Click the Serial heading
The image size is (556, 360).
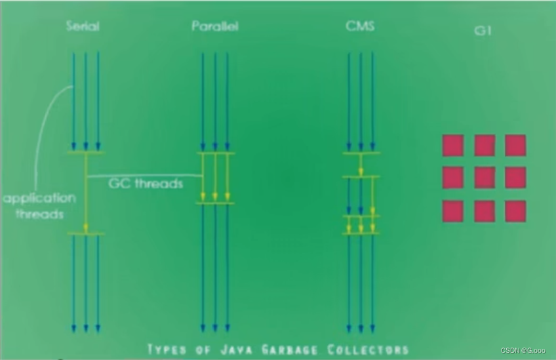(x=83, y=27)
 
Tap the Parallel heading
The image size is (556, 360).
(x=215, y=27)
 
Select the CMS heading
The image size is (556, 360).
(x=359, y=27)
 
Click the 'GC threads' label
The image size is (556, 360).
(x=146, y=184)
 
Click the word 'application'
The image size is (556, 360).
(x=39, y=198)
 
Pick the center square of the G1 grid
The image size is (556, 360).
(x=485, y=178)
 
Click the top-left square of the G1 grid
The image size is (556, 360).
(x=453, y=145)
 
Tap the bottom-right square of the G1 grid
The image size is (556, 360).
(x=515, y=211)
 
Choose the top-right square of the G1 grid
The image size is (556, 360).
(x=515, y=145)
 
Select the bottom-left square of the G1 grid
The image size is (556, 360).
(x=453, y=211)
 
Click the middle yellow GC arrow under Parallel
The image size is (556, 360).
(x=215, y=178)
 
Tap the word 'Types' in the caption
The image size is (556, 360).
(x=169, y=349)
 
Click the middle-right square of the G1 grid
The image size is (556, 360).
(x=515, y=178)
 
